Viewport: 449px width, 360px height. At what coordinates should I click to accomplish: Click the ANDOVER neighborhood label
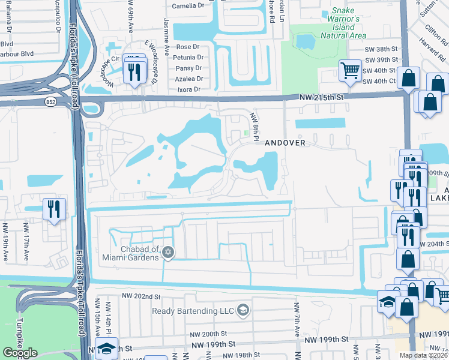286,143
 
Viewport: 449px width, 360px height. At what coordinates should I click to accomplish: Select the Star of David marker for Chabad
169,253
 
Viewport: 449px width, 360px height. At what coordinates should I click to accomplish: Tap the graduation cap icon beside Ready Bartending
243,310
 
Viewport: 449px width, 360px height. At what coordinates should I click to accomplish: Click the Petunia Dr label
187,58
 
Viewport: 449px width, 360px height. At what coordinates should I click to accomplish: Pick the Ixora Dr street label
188,89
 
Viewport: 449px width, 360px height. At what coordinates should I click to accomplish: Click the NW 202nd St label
140,296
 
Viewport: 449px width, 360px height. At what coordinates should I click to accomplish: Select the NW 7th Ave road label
297,315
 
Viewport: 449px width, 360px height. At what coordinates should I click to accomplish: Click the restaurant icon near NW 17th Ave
54,209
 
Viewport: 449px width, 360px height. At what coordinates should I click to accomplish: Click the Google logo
20,353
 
